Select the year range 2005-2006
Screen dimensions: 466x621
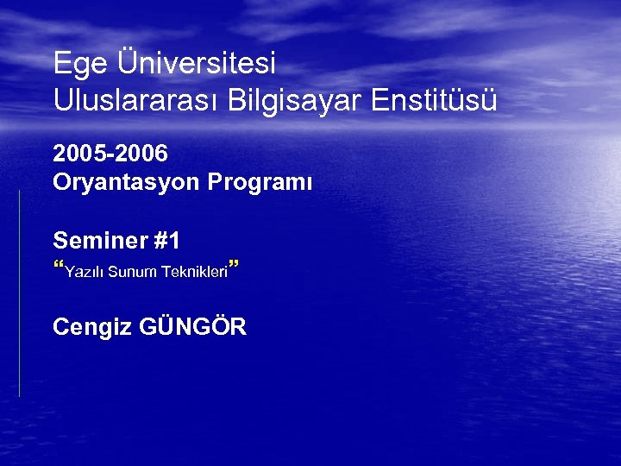click(110, 154)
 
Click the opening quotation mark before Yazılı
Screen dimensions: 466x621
click(59, 266)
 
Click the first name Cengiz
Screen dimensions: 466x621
click(91, 328)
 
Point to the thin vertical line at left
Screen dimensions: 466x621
click(19, 293)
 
